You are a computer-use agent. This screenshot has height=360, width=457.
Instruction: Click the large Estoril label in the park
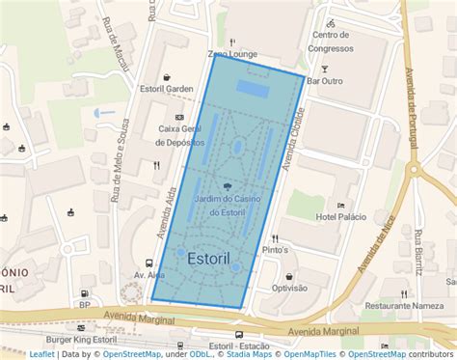point(210,259)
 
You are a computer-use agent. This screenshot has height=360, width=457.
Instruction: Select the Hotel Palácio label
point(340,217)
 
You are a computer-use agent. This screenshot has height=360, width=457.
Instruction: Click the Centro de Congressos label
point(330,42)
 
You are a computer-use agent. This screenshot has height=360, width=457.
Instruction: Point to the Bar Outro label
point(325,82)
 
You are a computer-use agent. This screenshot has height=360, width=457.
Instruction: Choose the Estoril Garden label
point(167,89)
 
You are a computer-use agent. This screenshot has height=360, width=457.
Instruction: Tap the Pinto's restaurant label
point(276,250)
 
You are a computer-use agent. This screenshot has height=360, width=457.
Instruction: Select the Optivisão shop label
point(288,288)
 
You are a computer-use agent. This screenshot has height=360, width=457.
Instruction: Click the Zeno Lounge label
point(232,55)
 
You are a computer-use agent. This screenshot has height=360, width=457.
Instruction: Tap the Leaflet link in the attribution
point(41,354)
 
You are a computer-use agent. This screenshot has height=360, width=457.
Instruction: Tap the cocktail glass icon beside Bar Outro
point(325,69)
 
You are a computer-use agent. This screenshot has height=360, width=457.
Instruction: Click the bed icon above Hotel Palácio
point(340,205)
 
